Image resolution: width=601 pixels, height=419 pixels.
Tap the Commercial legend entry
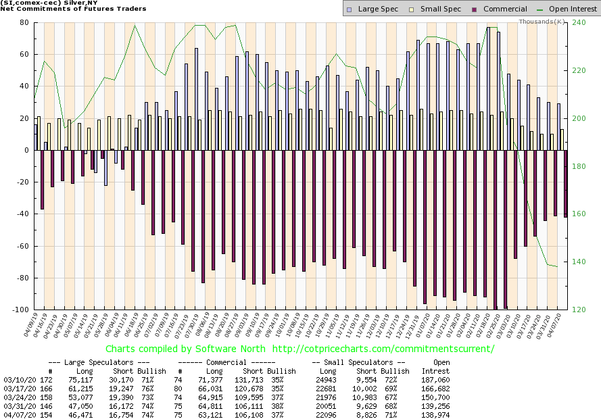click(x=498, y=9)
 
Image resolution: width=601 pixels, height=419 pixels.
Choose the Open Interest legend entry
click(x=568, y=9)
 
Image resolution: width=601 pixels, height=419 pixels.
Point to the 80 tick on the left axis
click(x=23, y=22)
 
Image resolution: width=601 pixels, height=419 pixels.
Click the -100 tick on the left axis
click(x=20, y=310)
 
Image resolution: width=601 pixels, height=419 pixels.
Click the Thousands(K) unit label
click(x=542, y=22)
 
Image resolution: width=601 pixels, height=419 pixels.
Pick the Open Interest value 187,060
click(x=436, y=380)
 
